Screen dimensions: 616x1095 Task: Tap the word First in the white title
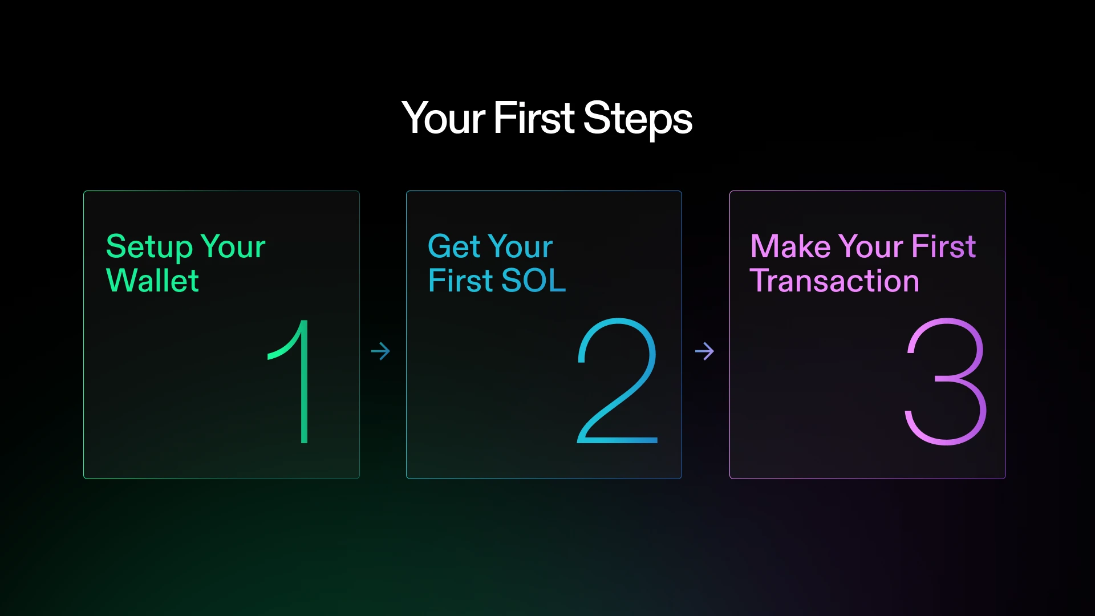coord(534,119)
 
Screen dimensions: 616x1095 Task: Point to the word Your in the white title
coord(444,119)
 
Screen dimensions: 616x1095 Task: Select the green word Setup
coord(149,247)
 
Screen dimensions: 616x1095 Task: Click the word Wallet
coord(152,281)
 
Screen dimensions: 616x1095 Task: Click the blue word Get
coord(454,247)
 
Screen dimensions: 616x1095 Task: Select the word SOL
coord(533,281)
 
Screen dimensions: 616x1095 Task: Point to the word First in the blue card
coord(460,281)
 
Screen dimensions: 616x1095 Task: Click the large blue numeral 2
coord(618,381)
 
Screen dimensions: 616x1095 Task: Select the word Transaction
coord(834,281)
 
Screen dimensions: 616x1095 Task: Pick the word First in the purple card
coord(944,247)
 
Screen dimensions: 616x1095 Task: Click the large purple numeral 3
coord(946,381)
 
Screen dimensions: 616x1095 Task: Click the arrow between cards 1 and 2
coord(380,351)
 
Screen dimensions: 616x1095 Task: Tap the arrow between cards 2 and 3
coord(704,351)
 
